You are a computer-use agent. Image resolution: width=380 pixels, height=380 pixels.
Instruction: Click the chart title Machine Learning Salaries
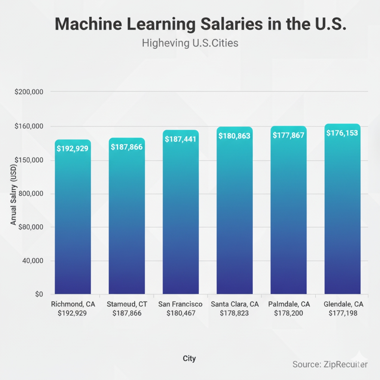pos(200,24)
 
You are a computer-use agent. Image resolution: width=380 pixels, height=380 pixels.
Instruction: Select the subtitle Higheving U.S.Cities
pos(190,43)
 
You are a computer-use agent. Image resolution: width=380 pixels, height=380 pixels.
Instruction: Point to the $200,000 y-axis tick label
pos(29,92)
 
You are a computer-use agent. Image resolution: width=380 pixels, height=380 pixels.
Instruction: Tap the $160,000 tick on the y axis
pos(29,126)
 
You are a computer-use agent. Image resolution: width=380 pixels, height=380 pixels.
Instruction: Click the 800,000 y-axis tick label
pos(31,193)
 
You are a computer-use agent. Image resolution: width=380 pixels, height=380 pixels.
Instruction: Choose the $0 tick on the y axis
pos(39,294)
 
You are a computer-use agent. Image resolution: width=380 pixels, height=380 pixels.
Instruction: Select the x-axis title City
pos(189,358)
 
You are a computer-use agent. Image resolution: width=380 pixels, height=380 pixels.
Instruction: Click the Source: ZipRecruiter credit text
pos(330,364)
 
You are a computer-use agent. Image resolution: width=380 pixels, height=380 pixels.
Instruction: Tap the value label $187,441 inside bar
pos(180,139)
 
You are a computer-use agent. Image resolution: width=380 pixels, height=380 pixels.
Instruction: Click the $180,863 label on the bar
pos(234,136)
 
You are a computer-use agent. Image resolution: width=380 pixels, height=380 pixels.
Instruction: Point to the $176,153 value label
pos(342,133)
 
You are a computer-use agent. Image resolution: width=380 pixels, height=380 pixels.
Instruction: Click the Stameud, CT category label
pos(127,304)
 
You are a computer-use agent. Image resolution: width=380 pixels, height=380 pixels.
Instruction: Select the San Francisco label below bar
pos(180,304)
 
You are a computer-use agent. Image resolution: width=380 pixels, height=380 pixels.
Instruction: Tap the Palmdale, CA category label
pos(289,304)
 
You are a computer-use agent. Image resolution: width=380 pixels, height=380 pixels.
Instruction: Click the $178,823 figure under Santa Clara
pos(234,313)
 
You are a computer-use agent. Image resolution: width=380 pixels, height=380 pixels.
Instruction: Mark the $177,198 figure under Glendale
pos(343,313)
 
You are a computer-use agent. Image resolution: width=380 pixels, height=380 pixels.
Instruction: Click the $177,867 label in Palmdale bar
pos(288,135)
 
